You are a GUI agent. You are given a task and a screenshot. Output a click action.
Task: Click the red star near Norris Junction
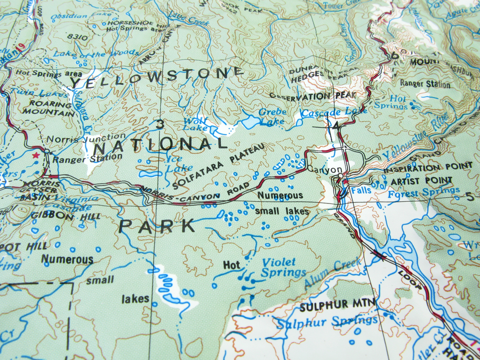pos(35,155)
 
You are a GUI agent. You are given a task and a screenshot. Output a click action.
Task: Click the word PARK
pos(157,226)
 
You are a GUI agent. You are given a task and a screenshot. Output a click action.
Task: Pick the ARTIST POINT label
pos(421,180)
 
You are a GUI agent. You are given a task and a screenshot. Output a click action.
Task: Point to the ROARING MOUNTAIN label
pos(51,108)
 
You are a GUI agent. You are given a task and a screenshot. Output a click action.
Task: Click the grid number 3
pos(160,124)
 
